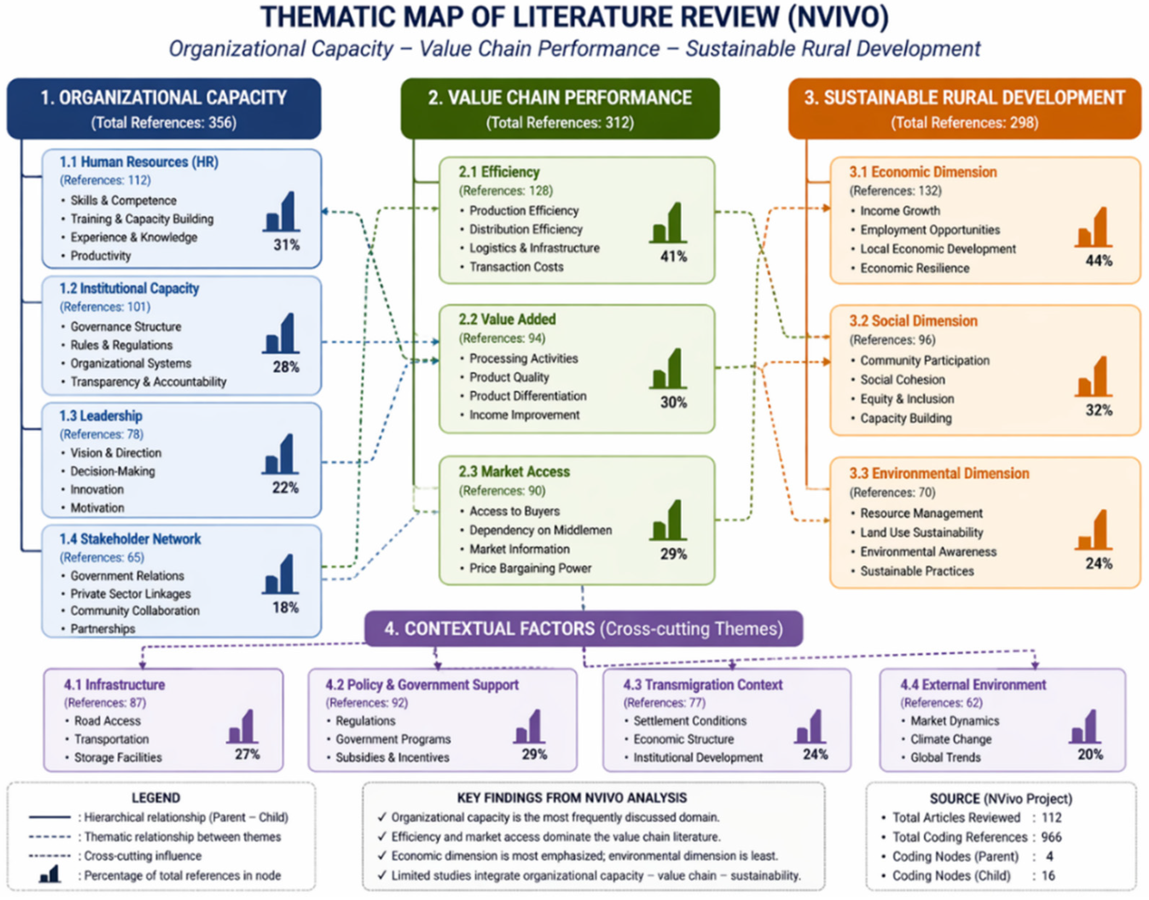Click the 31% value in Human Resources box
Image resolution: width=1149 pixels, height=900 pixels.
pos(286,245)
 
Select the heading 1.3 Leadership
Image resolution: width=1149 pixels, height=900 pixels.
pos(100,416)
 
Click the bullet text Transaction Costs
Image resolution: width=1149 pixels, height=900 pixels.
pos(516,267)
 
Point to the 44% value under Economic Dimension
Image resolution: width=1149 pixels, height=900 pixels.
pos(1099,261)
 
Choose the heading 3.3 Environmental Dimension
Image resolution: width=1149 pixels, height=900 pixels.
pos(939,473)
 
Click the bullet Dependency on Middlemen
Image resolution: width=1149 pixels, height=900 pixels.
pos(540,530)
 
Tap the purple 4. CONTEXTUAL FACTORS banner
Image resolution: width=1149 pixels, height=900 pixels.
pos(584,629)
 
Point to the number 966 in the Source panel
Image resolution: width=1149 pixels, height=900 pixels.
pos(1051,837)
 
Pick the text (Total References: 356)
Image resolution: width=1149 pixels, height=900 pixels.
pos(164,123)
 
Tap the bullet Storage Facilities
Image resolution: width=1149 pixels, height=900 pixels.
pos(118,757)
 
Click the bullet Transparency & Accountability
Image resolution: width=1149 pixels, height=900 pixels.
pos(149,381)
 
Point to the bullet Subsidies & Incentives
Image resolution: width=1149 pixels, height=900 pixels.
pos(393,757)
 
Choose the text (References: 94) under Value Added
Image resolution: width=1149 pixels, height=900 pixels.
pos(502,338)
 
